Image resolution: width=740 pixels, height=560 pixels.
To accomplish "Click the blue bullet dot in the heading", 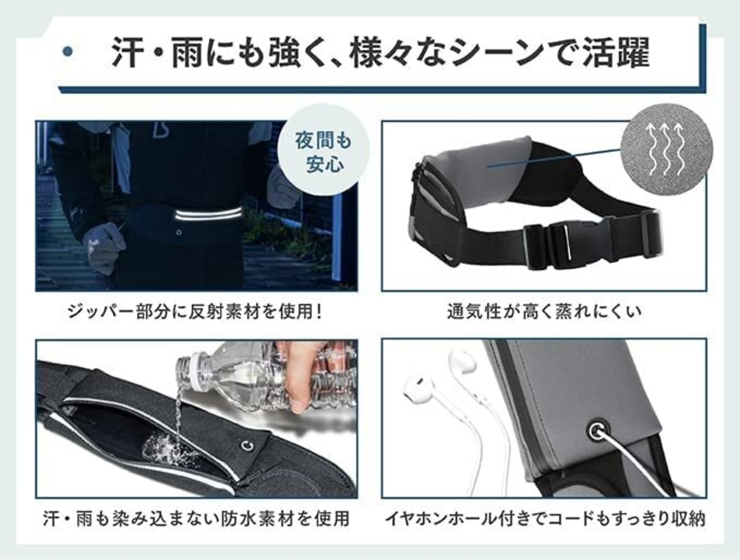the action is click(x=68, y=51).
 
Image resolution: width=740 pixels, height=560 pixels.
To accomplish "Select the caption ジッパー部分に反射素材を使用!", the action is click(x=194, y=311).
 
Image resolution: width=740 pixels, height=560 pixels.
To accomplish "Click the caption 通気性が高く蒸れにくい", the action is click(x=544, y=311).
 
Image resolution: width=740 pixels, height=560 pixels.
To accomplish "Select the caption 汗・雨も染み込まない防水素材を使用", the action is click(x=196, y=519).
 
